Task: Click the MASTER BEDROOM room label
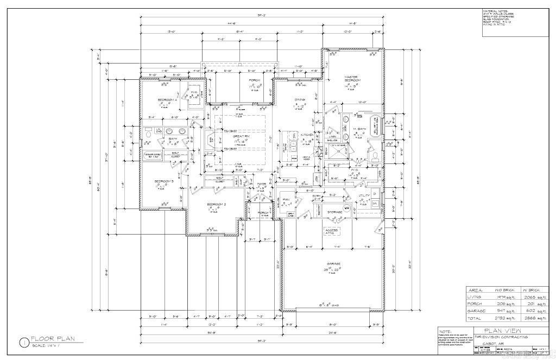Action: click(x=351, y=79)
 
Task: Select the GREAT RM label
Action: click(x=239, y=136)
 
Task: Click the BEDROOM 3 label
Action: click(x=165, y=181)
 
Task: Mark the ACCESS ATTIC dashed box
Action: click(x=332, y=231)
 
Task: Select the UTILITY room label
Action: click(x=364, y=195)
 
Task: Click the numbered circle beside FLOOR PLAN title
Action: click(x=24, y=342)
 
